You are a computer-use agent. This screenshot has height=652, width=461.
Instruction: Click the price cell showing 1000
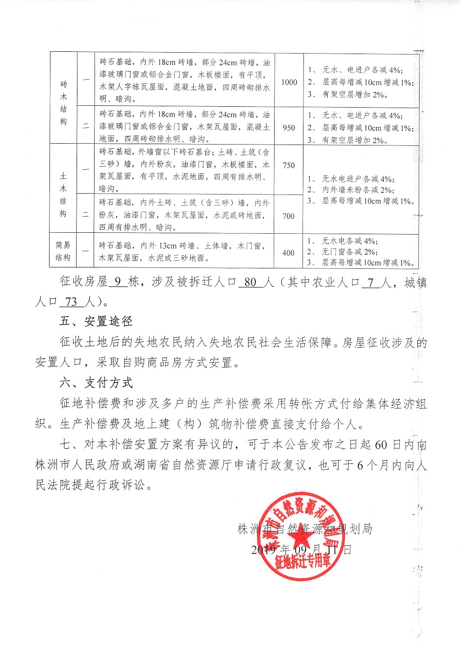pyautogui.click(x=289, y=82)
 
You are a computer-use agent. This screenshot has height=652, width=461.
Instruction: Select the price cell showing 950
pyautogui.click(x=289, y=127)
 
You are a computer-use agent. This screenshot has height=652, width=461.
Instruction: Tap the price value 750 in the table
pyautogui.click(x=289, y=165)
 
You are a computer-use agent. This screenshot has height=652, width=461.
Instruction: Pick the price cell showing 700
pyautogui.click(x=289, y=216)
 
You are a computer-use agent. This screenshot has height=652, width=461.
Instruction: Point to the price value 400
pyautogui.click(x=289, y=253)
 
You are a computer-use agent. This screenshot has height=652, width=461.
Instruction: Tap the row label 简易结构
pyautogui.click(x=63, y=251)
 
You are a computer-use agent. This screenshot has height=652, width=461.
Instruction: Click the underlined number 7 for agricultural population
pyautogui.click(x=371, y=283)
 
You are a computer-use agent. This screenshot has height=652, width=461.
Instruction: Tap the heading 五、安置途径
pyautogui.click(x=96, y=321)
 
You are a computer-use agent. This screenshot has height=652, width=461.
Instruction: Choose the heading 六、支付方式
pyautogui.click(x=96, y=383)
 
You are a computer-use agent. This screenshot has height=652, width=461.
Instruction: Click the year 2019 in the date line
pyautogui.click(x=264, y=550)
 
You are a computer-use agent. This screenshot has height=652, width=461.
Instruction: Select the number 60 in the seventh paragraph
pyautogui.click(x=380, y=445)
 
